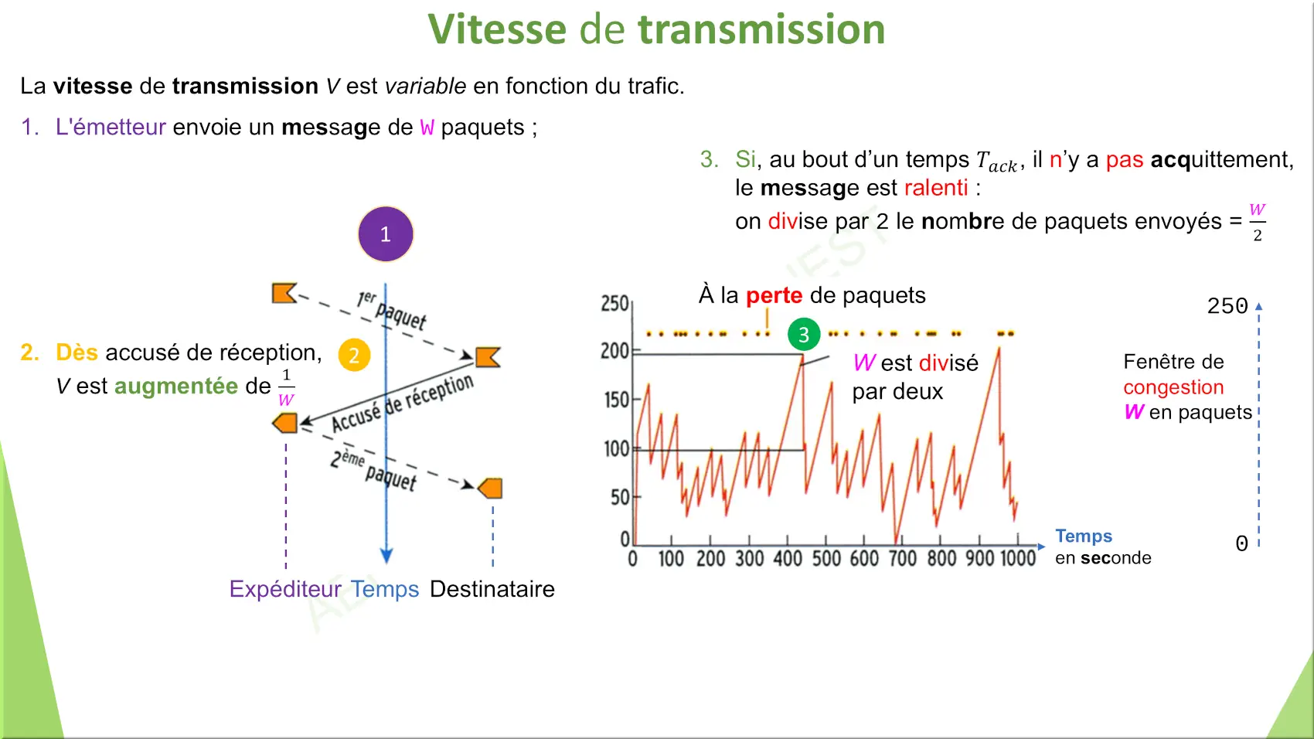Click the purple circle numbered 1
[386, 234]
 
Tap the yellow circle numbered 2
[354, 355]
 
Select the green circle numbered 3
[804, 334]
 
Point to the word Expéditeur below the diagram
[285, 589]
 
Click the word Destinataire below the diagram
[492, 589]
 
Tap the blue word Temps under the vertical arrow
[385, 589]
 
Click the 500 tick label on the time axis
[826, 558]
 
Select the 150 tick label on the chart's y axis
[617, 400]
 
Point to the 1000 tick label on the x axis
[1018, 558]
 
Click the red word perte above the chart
[774, 295]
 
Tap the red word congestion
[1173, 388]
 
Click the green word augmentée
[176, 386]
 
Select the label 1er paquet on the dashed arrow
[391, 309]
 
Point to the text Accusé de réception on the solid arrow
[403, 402]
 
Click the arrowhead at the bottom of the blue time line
[386, 555]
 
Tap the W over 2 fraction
[1257, 223]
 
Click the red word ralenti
[935, 188]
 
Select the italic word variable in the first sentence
[425, 87]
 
